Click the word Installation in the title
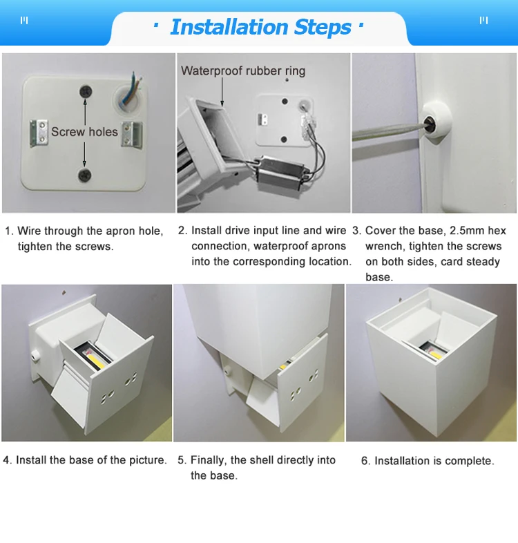coord(229,27)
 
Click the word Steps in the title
coord(323,28)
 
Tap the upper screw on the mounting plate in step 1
coord(86,92)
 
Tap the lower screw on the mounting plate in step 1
coord(84,175)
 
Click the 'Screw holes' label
coord(84,132)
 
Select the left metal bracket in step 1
coord(39,133)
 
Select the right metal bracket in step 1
coord(132,135)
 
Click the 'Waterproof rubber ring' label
coord(243,71)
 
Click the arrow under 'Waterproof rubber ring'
coord(222,92)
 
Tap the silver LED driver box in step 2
coord(281,171)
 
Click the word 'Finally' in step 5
coord(209,460)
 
